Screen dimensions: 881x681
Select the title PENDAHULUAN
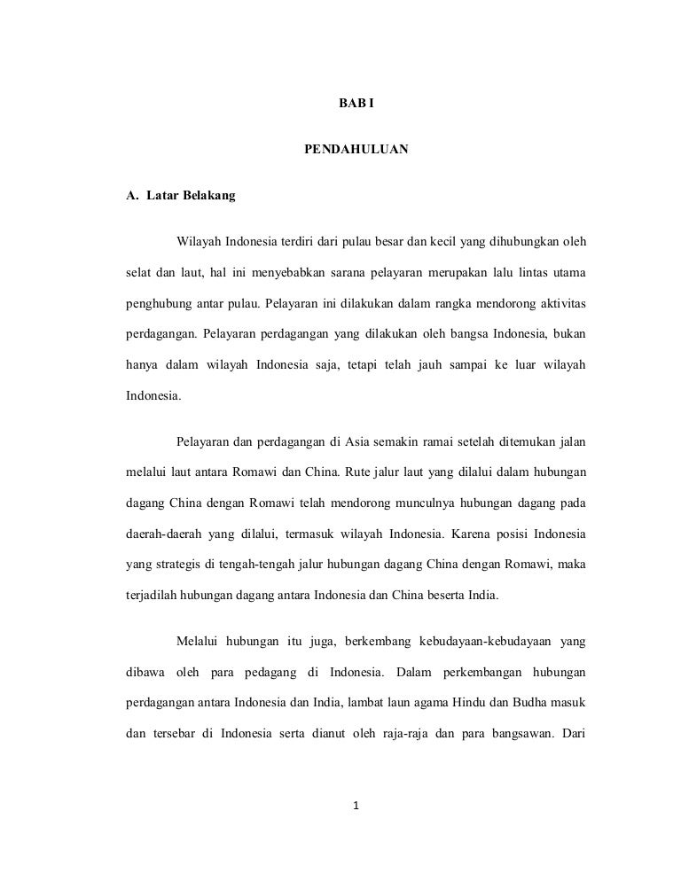[x=356, y=151]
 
